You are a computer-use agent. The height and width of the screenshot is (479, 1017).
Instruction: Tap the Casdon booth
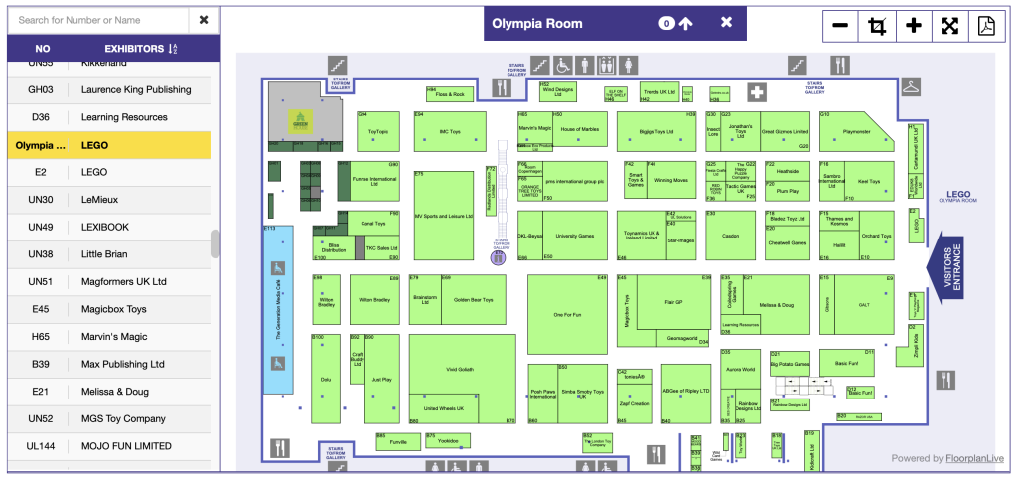[730, 236]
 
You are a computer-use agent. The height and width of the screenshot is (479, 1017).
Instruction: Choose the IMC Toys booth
[450, 131]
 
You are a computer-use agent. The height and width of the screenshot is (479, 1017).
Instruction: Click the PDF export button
[986, 26]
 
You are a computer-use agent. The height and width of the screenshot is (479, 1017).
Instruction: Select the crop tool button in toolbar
[877, 26]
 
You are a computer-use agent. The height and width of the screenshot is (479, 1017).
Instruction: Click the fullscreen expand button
[949, 26]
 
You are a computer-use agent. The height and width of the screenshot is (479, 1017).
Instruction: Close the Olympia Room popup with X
[726, 23]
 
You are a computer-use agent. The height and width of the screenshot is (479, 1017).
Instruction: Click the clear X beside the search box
[204, 19]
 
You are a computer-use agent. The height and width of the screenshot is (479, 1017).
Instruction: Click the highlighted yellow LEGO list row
[108, 145]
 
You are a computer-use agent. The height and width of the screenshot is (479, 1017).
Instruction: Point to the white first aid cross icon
[757, 93]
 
